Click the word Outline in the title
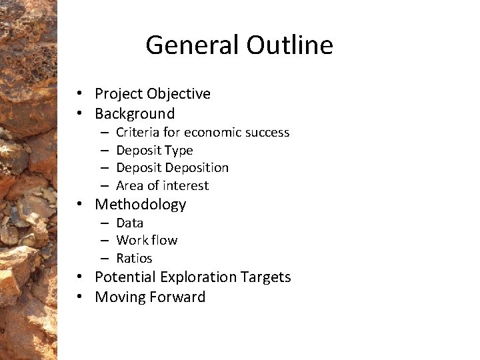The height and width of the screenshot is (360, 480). (289, 45)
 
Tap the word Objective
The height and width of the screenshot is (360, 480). (176, 94)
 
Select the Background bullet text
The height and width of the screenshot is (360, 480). (135, 113)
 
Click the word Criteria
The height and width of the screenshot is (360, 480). (137, 133)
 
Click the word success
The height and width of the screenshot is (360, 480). (269, 133)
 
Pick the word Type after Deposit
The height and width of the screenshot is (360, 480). (179, 151)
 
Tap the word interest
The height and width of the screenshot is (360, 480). (187, 186)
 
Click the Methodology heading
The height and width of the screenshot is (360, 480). (140, 205)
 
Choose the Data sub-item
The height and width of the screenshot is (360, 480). (129, 223)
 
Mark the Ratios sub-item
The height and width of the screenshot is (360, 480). (134, 258)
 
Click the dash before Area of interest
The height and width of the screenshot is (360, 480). (105, 186)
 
